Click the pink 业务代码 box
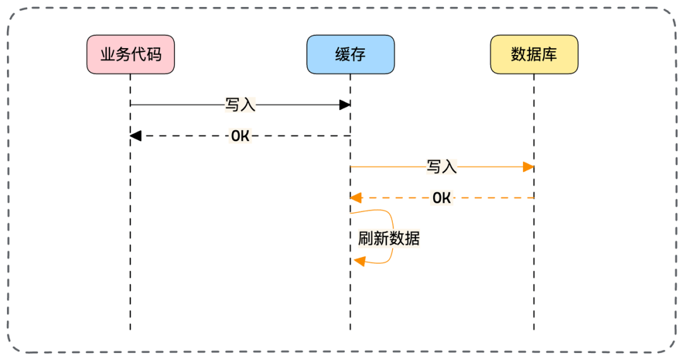(130, 54)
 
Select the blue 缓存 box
(350, 54)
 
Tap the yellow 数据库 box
(534, 54)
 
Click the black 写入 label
(240, 104)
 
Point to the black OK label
(240, 135)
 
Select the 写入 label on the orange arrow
(441, 167)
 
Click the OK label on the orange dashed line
(441, 198)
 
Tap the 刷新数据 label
(388, 239)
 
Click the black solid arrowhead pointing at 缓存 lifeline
(345, 104)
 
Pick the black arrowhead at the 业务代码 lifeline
(135, 135)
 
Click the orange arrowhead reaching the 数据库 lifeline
(529, 167)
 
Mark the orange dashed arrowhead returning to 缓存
(356, 198)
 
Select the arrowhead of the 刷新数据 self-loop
(360, 261)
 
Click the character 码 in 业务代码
(153, 54)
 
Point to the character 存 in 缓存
(358, 54)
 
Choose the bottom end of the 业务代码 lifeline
(130, 328)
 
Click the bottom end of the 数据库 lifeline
(534, 328)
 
